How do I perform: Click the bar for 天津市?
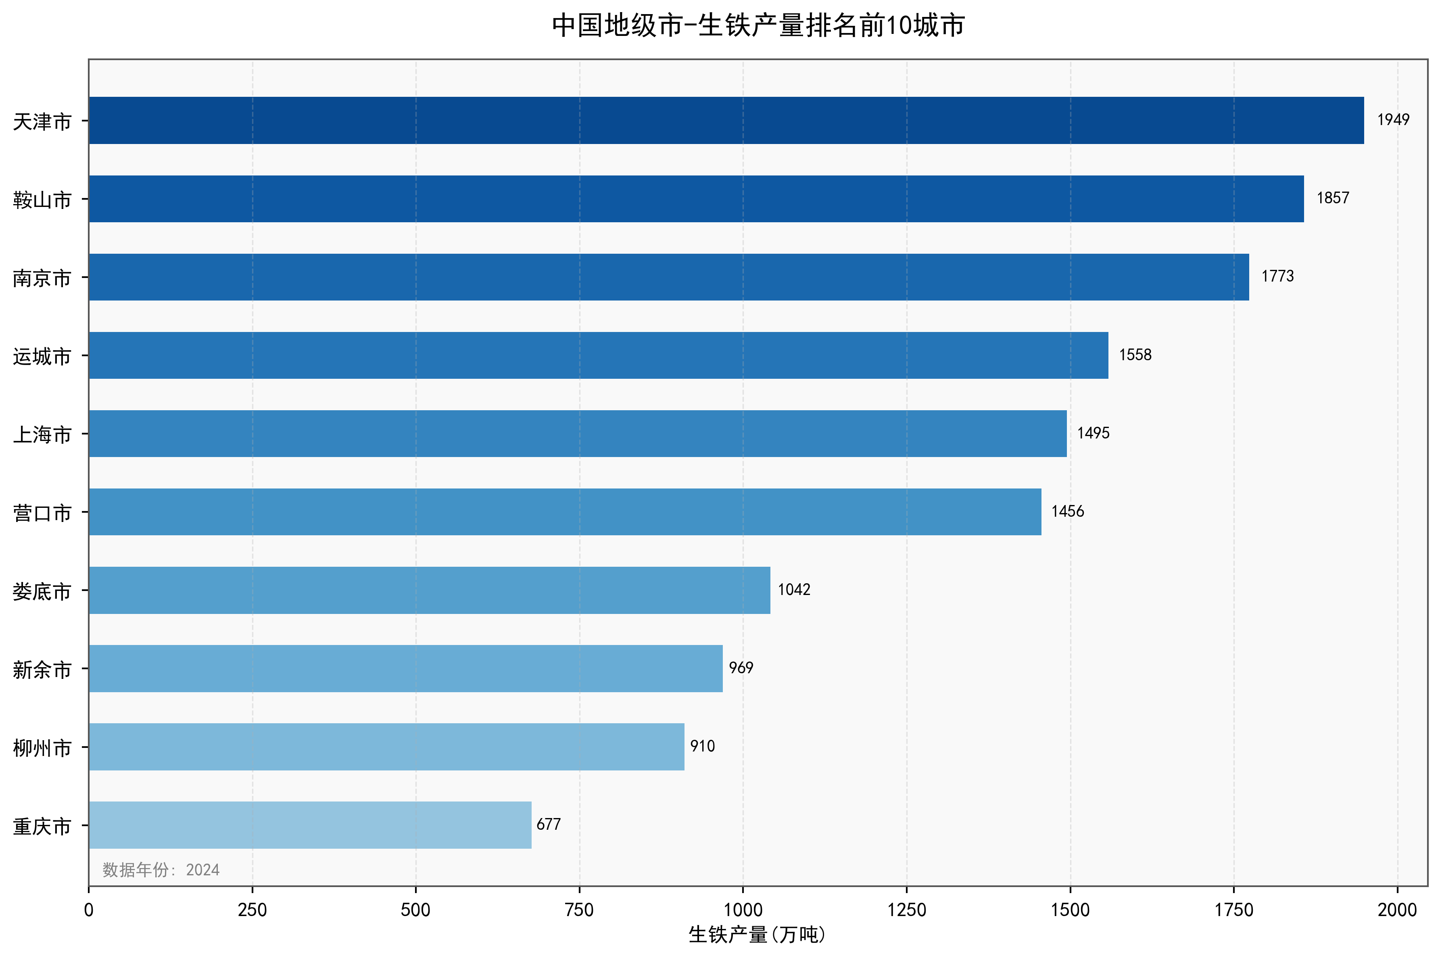pyautogui.click(x=726, y=120)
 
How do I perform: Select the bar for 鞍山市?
pyautogui.click(x=696, y=199)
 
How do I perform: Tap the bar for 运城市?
pyautogui.click(x=598, y=355)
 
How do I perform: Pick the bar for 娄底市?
pyautogui.click(x=429, y=590)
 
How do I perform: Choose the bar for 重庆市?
pyautogui.click(x=310, y=825)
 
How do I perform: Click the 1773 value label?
pyautogui.click(x=1277, y=277)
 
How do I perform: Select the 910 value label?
pyautogui.click(x=702, y=746)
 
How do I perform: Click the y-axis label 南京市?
pyautogui.click(x=42, y=278)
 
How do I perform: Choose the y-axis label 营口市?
pyautogui.click(x=42, y=513)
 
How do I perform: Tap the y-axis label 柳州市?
pyautogui.click(x=42, y=747)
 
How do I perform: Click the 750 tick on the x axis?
pyautogui.click(x=579, y=910)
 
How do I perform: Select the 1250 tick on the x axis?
pyautogui.click(x=906, y=910)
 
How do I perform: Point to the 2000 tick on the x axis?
pyautogui.click(x=1397, y=910)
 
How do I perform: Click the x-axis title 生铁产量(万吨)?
pyautogui.click(x=757, y=935)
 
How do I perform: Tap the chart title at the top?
pyautogui.click(x=758, y=25)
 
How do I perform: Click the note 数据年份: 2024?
pyautogui.click(x=161, y=869)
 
